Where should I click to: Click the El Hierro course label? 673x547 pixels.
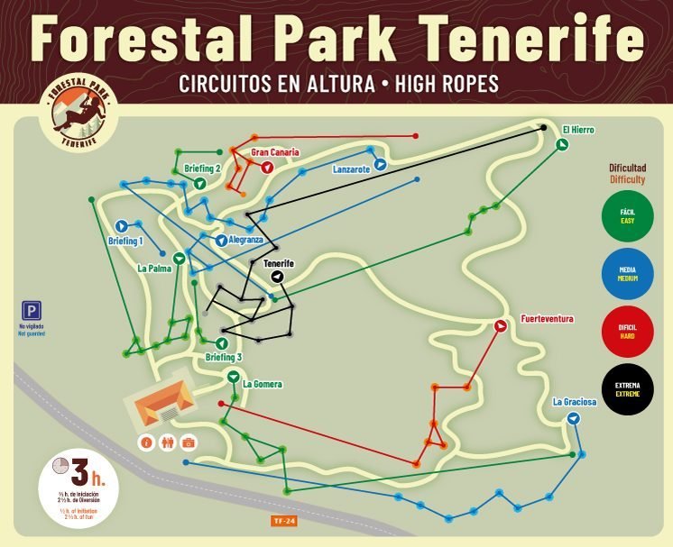[578, 130]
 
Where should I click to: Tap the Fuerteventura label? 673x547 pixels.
[547, 319]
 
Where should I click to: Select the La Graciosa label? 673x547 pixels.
[575, 402]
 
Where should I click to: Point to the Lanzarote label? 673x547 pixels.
[352, 169]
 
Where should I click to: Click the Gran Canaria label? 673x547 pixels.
[275, 152]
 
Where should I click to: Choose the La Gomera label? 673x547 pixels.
[263, 385]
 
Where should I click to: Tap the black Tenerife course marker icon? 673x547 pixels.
[278, 277]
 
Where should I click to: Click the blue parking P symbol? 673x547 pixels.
[31, 307]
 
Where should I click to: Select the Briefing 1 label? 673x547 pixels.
[125, 241]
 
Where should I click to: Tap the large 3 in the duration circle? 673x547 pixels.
[81, 471]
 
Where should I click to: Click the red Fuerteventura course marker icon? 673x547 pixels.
[501, 326]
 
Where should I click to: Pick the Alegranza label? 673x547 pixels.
[245, 240]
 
